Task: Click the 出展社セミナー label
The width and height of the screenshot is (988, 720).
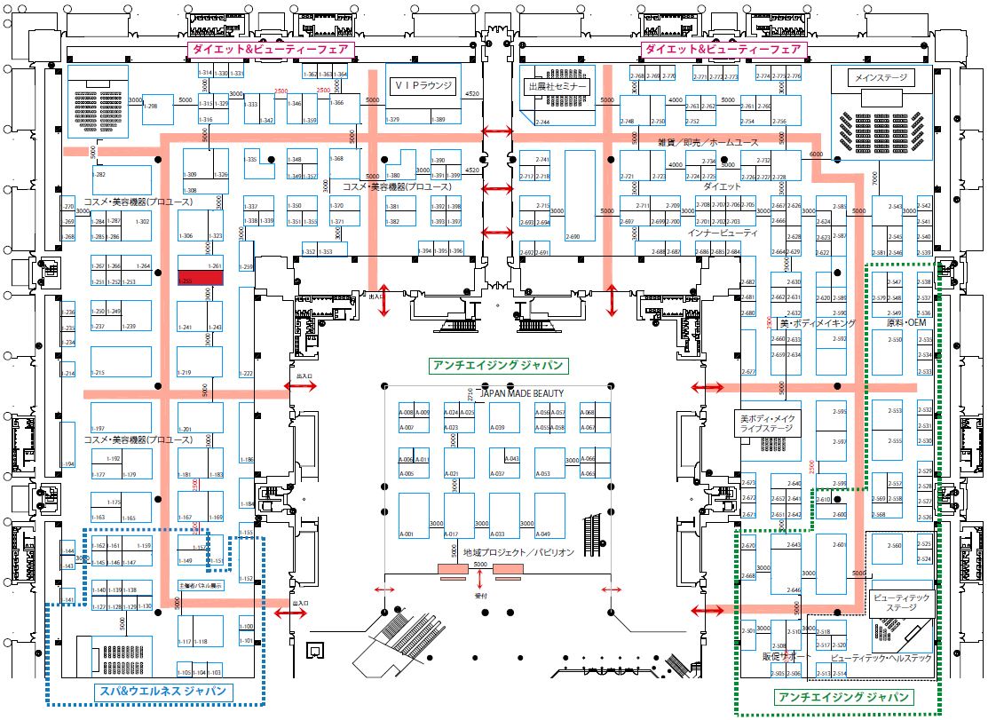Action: (x=557, y=87)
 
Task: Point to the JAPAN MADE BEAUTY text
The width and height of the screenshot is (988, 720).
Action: (x=520, y=392)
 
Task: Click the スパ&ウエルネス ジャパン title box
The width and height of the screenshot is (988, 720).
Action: (x=161, y=692)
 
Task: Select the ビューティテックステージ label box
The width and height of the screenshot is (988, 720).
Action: (x=900, y=603)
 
